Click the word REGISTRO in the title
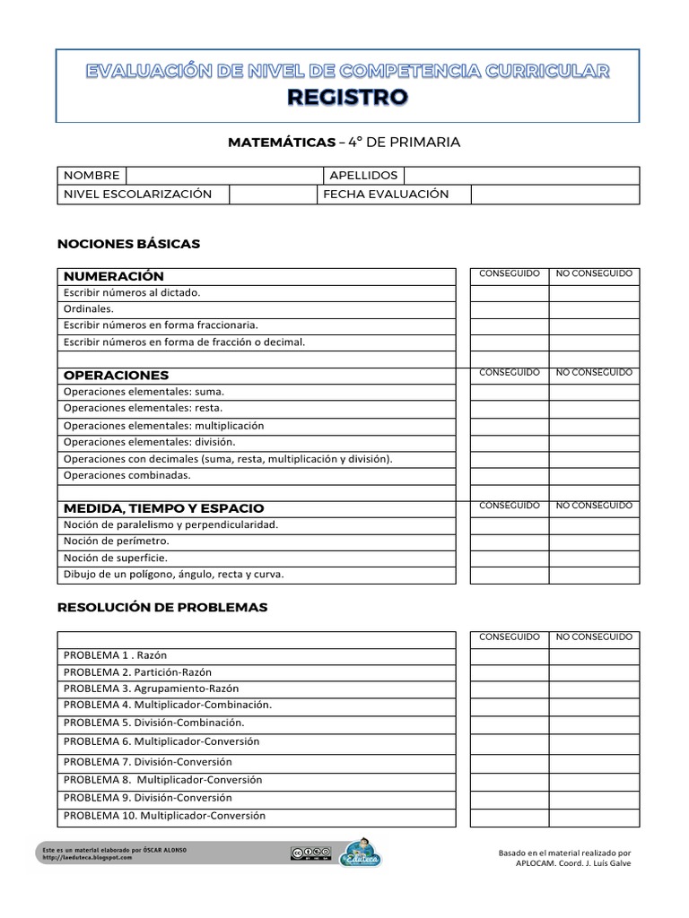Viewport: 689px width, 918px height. click(348, 97)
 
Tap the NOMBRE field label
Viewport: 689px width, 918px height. click(91, 176)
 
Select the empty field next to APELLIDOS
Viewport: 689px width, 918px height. click(521, 176)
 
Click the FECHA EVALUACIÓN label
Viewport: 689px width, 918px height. click(386, 195)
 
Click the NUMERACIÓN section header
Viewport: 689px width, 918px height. click(114, 276)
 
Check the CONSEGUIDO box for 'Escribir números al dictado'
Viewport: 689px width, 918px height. click(509, 293)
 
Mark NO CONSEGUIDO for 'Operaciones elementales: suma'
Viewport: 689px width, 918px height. click(594, 392)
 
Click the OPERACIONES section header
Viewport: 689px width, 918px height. click(117, 375)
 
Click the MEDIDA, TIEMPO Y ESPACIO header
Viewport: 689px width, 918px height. click(163, 508)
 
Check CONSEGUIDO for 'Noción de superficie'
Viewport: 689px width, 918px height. click(509, 558)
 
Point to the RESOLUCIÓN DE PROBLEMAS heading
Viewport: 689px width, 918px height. click(162, 607)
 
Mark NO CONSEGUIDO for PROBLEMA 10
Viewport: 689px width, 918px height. click(594, 817)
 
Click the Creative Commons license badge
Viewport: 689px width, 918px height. click(310, 853)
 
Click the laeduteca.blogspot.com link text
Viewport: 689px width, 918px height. click(87, 858)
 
